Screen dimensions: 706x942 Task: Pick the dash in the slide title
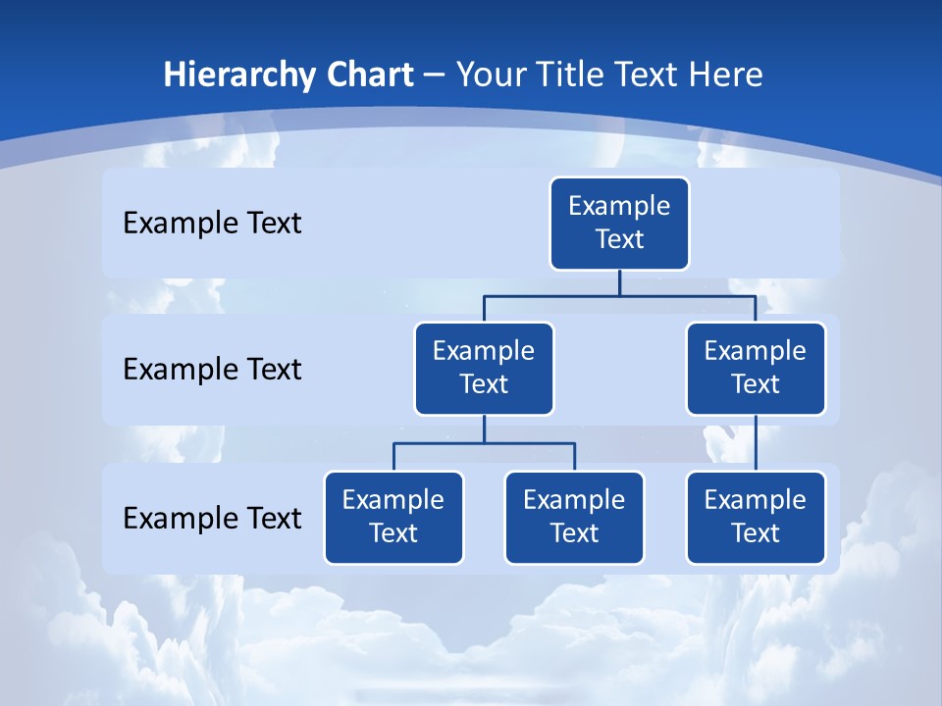(434, 76)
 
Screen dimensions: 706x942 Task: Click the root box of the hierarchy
(619, 224)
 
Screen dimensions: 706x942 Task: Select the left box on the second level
(484, 368)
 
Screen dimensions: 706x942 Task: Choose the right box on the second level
(756, 368)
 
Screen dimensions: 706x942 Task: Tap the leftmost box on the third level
(393, 517)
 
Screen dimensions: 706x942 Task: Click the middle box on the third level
(574, 517)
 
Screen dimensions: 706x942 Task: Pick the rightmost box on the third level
(756, 517)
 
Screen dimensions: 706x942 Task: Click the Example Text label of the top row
(212, 223)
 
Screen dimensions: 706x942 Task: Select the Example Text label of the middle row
(212, 369)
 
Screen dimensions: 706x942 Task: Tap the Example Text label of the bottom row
(212, 518)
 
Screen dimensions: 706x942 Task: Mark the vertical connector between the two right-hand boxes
(756, 443)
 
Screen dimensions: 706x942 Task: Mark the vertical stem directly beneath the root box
(619, 282)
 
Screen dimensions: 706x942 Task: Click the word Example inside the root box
(619, 206)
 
